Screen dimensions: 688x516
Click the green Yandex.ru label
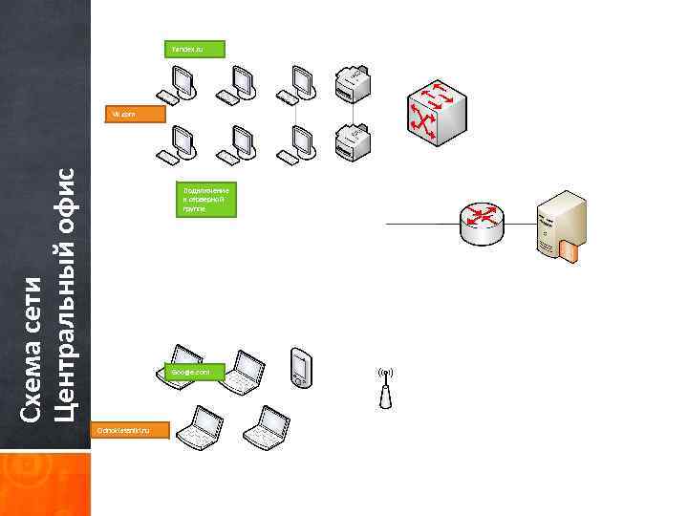point(195,48)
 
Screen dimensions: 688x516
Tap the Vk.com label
point(135,114)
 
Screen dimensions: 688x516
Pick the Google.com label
point(194,371)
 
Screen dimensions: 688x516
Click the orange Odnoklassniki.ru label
point(128,431)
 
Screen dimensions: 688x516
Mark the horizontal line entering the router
point(420,224)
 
